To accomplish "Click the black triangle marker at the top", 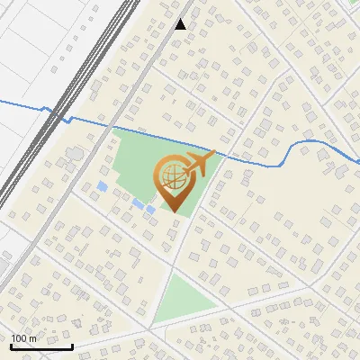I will point(181,24).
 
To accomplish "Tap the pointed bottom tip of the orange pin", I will point(173,211).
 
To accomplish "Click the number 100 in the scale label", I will point(19,338).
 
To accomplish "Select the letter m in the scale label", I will point(32,338).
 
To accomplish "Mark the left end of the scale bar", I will point(11,346).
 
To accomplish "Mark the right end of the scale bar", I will point(73,346).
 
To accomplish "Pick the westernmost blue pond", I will point(102,187).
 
